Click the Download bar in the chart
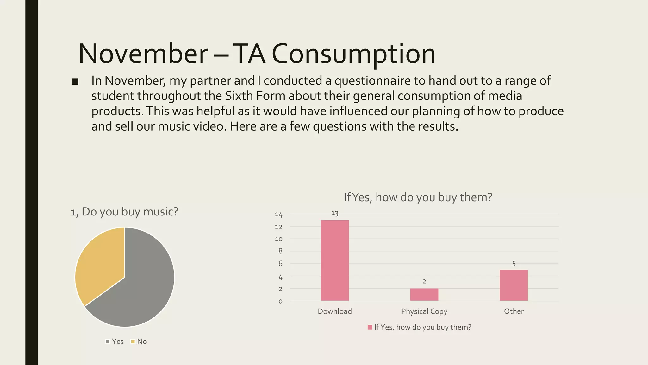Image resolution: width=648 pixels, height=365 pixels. (x=335, y=260)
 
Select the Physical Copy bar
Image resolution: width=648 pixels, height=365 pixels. (x=424, y=294)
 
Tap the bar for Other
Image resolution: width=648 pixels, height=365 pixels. (x=514, y=285)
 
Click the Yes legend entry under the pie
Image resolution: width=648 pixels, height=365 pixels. (x=115, y=342)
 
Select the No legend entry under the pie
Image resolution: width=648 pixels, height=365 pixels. (x=139, y=342)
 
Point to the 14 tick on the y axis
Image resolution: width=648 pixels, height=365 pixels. (x=278, y=215)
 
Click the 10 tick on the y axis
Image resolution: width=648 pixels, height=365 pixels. (x=278, y=239)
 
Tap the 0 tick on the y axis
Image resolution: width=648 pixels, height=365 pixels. (x=280, y=301)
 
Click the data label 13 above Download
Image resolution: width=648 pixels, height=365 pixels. (x=335, y=213)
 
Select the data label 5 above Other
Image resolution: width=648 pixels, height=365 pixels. (x=514, y=264)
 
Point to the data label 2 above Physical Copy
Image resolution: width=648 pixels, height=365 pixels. (x=424, y=281)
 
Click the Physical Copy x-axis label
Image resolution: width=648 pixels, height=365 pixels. (x=424, y=311)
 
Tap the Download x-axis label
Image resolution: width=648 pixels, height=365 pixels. (x=335, y=311)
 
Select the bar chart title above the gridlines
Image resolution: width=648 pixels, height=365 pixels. (x=418, y=197)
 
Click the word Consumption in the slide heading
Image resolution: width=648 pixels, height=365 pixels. (x=353, y=54)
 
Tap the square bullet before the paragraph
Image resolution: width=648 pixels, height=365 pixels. (x=75, y=82)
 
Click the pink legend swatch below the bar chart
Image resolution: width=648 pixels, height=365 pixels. (x=370, y=327)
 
